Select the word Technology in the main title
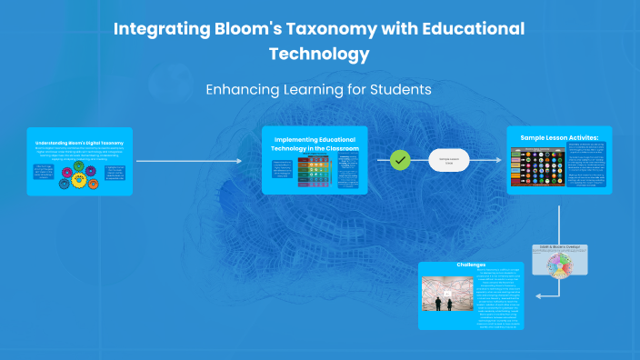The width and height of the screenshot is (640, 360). (x=319, y=54)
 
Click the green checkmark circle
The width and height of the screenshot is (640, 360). (x=400, y=160)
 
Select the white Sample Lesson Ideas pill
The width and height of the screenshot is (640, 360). (x=449, y=160)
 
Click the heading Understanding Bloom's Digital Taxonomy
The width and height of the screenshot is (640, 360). (x=80, y=143)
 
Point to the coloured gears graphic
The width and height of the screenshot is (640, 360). (x=79, y=176)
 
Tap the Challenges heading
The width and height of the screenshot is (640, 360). (x=470, y=265)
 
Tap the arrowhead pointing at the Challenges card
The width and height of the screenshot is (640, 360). (x=538, y=295)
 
